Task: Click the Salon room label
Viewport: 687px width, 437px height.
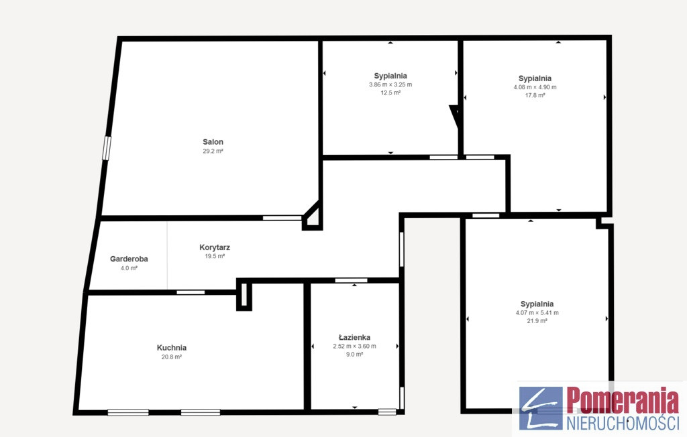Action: [x=213, y=142]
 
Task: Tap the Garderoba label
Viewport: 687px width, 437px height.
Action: [x=129, y=259]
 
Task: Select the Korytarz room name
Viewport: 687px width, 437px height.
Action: [x=215, y=247]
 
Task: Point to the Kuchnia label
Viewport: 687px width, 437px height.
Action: [x=172, y=348]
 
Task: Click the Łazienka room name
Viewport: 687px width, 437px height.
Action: [x=354, y=337]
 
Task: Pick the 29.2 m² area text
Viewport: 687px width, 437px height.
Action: [x=213, y=151]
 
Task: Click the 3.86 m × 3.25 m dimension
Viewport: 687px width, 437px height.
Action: [x=390, y=84]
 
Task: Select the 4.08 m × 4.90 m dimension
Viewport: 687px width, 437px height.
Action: [x=535, y=87]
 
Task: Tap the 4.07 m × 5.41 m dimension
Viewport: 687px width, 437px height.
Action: [x=537, y=312]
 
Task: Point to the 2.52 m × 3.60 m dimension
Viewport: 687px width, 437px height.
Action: [x=354, y=346]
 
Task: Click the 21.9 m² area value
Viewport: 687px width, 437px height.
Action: [x=537, y=321]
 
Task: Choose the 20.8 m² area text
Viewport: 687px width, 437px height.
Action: [x=172, y=357]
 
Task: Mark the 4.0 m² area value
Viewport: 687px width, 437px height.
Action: [x=129, y=268]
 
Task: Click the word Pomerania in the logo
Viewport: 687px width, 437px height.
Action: [x=622, y=399]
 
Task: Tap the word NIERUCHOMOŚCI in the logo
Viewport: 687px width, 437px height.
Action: [x=623, y=423]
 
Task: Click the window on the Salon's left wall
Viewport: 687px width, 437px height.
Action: [x=107, y=148]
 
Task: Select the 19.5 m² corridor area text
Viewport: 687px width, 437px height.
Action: [x=215, y=256]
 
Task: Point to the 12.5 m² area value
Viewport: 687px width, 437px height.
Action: [x=390, y=93]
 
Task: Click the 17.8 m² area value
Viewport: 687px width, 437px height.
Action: [x=535, y=95]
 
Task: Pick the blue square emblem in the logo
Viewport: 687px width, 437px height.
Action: [x=541, y=408]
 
